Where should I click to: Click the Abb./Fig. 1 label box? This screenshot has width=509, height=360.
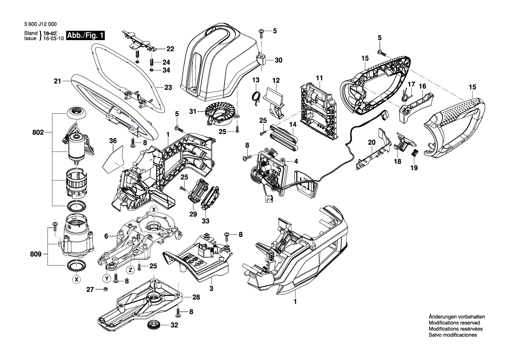(85, 36)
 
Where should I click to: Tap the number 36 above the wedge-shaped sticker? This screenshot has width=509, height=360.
(113, 141)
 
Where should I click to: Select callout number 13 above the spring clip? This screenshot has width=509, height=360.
(256, 80)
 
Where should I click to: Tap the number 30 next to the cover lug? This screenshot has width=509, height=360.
(279, 60)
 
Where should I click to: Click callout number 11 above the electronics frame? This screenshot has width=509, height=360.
(319, 78)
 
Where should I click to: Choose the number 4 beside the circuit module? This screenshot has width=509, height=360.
(296, 161)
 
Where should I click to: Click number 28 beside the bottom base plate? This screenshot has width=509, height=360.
(196, 297)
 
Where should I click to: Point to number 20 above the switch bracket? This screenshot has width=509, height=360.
(371, 142)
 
